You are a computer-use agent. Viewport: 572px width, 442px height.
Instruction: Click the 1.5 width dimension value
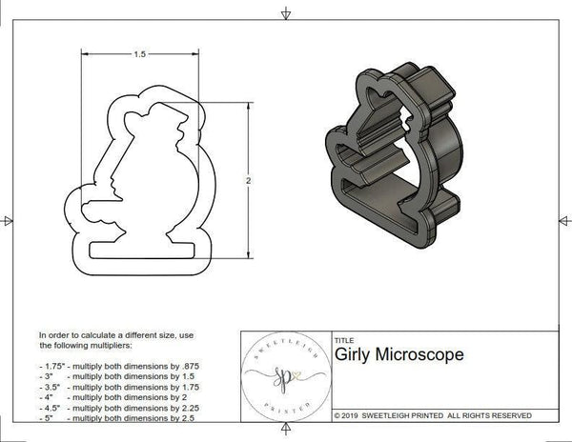point(140,54)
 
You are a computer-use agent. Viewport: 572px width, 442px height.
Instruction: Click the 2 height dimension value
point(249,180)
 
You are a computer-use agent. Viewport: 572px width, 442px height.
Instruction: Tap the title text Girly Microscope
point(399,354)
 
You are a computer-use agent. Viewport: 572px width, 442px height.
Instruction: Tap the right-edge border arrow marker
point(563,221)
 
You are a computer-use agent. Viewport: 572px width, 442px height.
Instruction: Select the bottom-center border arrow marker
point(286,432)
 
